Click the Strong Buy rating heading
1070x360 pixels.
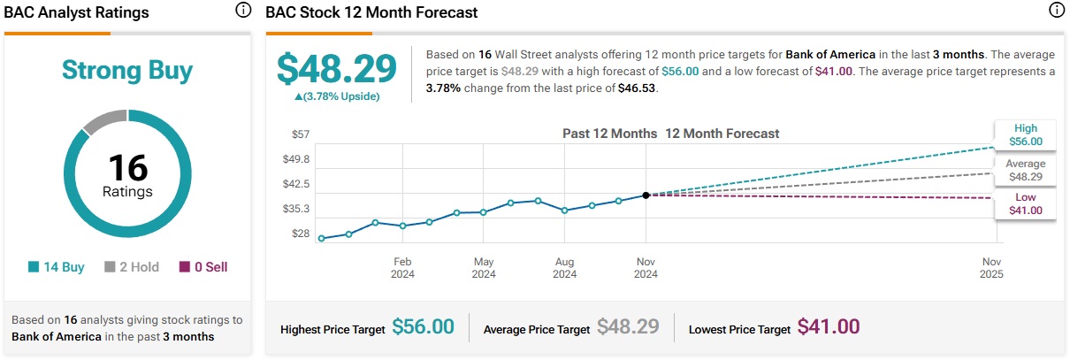click(x=127, y=70)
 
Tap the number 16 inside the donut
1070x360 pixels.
click(x=127, y=167)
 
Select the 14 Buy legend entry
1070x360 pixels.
click(x=57, y=267)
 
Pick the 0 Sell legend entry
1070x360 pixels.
click(x=203, y=267)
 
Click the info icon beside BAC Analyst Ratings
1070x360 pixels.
click(x=243, y=11)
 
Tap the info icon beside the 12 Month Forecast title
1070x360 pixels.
click(x=1056, y=11)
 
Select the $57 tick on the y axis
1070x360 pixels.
click(x=300, y=134)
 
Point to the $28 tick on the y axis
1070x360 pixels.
click(x=300, y=234)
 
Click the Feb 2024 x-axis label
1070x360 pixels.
click(x=402, y=268)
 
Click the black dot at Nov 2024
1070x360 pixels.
click(x=646, y=195)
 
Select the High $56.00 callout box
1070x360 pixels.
click(x=1026, y=134)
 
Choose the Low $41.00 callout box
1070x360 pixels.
click(x=1026, y=203)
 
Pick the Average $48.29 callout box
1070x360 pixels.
click(x=1026, y=169)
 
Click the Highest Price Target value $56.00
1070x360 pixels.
click(x=423, y=327)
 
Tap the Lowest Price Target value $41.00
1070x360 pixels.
click(x=829, y=327)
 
